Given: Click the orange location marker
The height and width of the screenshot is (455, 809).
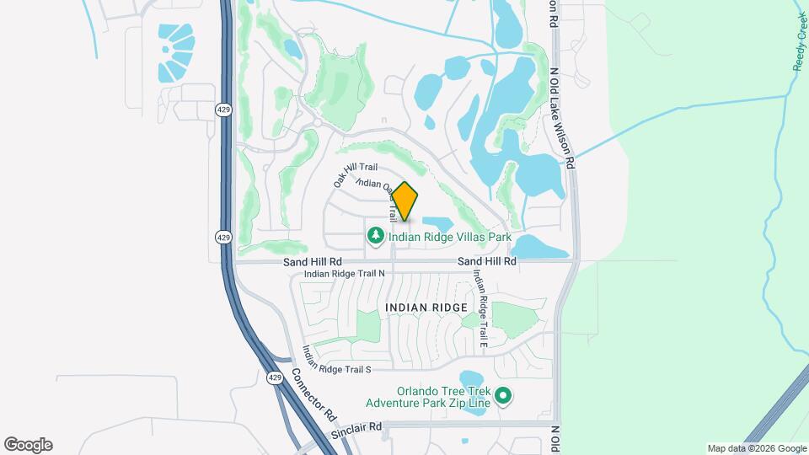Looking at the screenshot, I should coord(404,201).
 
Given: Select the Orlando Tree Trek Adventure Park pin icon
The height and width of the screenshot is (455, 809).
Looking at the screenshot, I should coord(503,394).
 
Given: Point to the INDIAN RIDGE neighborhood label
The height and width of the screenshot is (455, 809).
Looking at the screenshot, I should coord(426,308).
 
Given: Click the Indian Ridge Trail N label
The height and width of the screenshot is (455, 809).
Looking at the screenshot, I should coord(344,274).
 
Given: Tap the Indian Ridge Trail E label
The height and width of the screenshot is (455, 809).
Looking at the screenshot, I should coord(480,303).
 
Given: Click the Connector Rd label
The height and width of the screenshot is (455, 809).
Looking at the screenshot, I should coord(313,394).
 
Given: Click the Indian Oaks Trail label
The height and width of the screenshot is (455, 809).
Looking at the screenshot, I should coord(376,189).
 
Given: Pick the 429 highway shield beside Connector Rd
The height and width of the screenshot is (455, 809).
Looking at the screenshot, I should coord(276,378).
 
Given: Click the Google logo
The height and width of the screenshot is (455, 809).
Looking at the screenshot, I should coord(28,445).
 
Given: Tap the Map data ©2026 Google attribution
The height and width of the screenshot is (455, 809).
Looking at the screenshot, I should coord(756,448).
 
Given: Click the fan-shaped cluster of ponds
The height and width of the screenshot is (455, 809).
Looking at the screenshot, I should coord(175,52).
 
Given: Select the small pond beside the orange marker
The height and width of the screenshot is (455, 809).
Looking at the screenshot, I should coord(437,224).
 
